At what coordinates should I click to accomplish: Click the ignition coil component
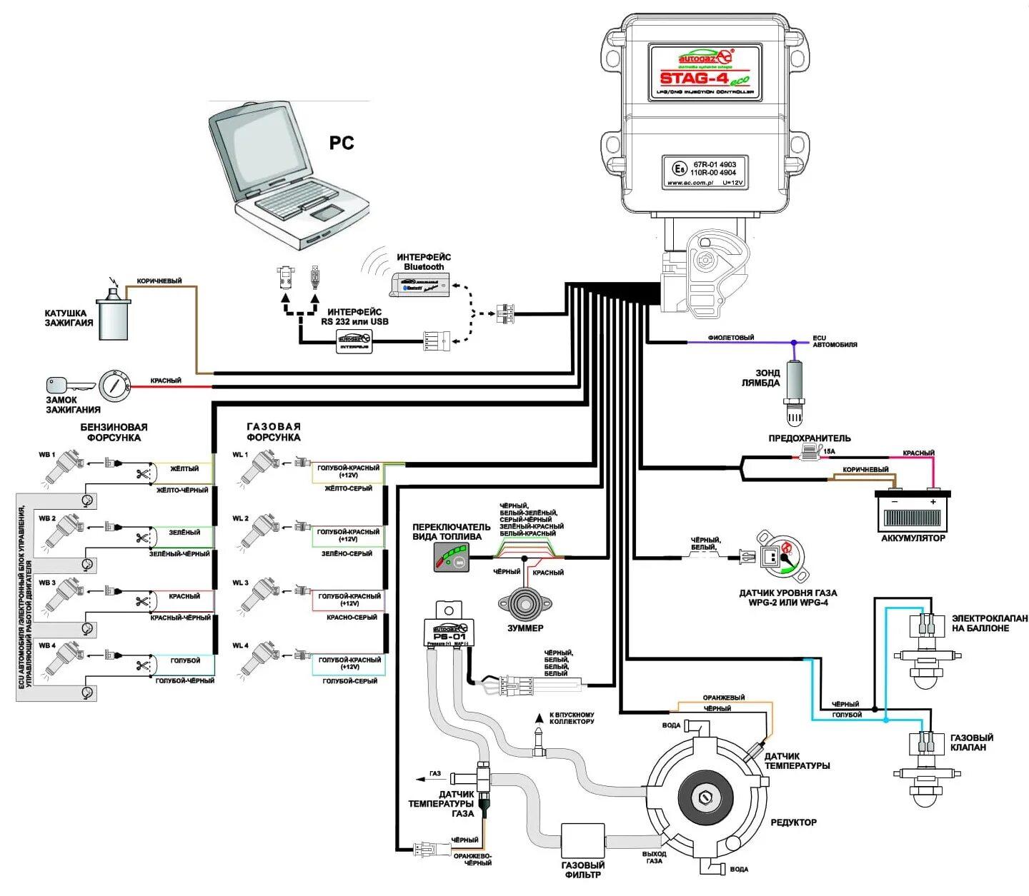(x=114, y=318)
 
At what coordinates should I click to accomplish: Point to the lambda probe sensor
(x=794, y=389)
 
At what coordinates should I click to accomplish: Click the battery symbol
(x=913, y=510)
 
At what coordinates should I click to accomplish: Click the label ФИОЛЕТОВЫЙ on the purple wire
(x=730, y=338)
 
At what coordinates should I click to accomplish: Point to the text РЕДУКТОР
(x=793, y=822)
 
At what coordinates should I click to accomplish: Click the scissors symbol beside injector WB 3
(x=142, y=601)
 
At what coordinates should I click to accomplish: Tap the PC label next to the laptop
(x=342, y=143)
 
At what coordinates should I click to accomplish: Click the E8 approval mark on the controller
(x=678, y=168)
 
